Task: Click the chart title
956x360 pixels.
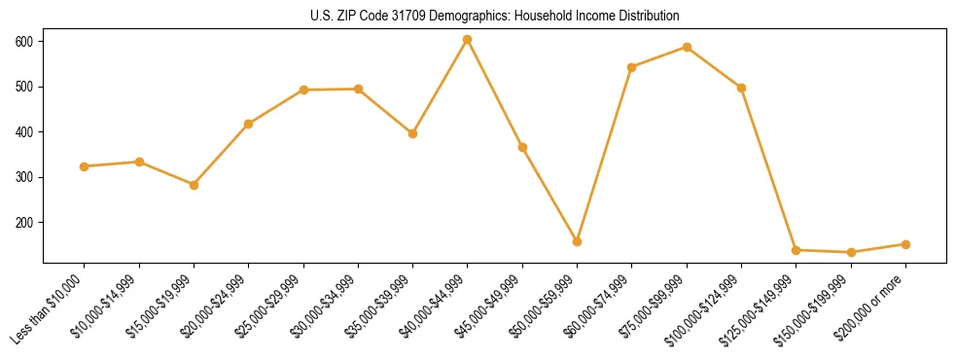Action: coord(494,17)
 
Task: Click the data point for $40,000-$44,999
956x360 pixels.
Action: coord(468,40)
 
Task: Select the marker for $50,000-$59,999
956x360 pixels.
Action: coord(578,241)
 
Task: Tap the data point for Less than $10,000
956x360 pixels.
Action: coord(85,166)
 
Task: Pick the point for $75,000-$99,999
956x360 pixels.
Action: coord(687,47)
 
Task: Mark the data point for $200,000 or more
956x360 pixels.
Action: coord(905,244)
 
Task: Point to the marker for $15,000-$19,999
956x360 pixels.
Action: coord(195,185)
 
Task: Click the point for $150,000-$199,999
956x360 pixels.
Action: coord(851,252)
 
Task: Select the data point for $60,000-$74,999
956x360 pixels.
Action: coord(632,67)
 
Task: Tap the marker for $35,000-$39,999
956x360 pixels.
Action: coord(413,133)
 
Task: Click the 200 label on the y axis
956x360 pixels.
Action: coord(24,223)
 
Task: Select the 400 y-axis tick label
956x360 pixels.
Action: coord(24,132)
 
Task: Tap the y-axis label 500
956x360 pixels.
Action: coord(24,87)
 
